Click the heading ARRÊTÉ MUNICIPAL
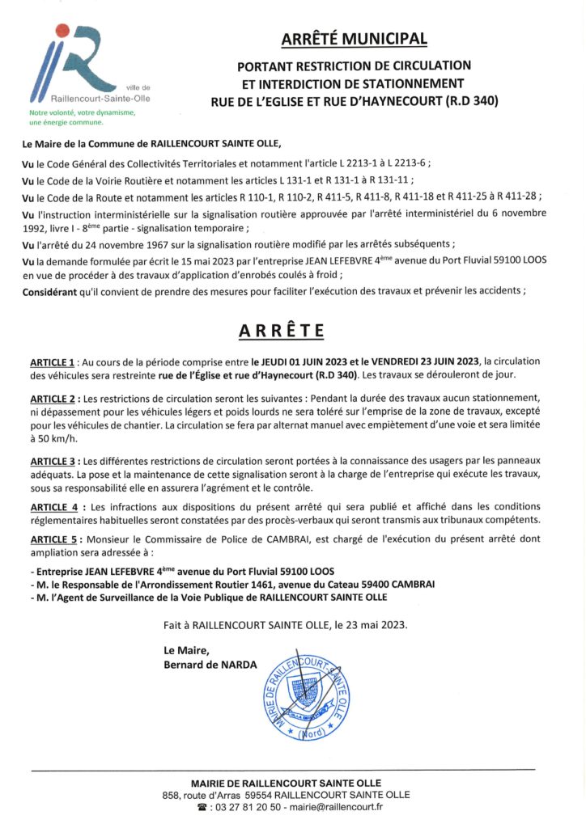click(x=354, y=39)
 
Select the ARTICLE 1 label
click(x=53, y=361)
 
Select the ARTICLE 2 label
click(x=53, y=399)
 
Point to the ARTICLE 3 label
click(x=53, y=460)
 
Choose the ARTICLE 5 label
click(x=53, y=539)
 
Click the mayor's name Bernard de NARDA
click(x=210, y=665)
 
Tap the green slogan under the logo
click(x=73, y=118)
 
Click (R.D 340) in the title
click(x=469, y=101)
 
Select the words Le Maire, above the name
click(x=186, y=649)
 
